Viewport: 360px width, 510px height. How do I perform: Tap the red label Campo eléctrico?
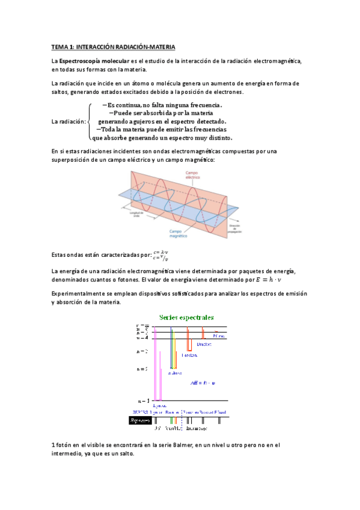pos(192,175)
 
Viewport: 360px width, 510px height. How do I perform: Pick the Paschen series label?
pos(191,355)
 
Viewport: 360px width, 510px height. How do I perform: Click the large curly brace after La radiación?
pos(90,121)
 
